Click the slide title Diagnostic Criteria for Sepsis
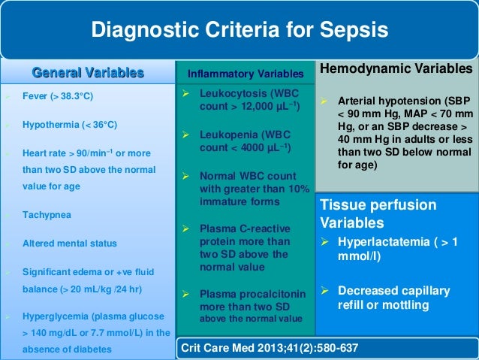(x=239, y=30)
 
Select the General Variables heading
(x=87, y=73)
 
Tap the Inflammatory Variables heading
(x=246, y=74)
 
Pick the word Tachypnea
(x=47, y=215)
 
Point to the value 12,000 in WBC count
(x=257, y=108)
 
